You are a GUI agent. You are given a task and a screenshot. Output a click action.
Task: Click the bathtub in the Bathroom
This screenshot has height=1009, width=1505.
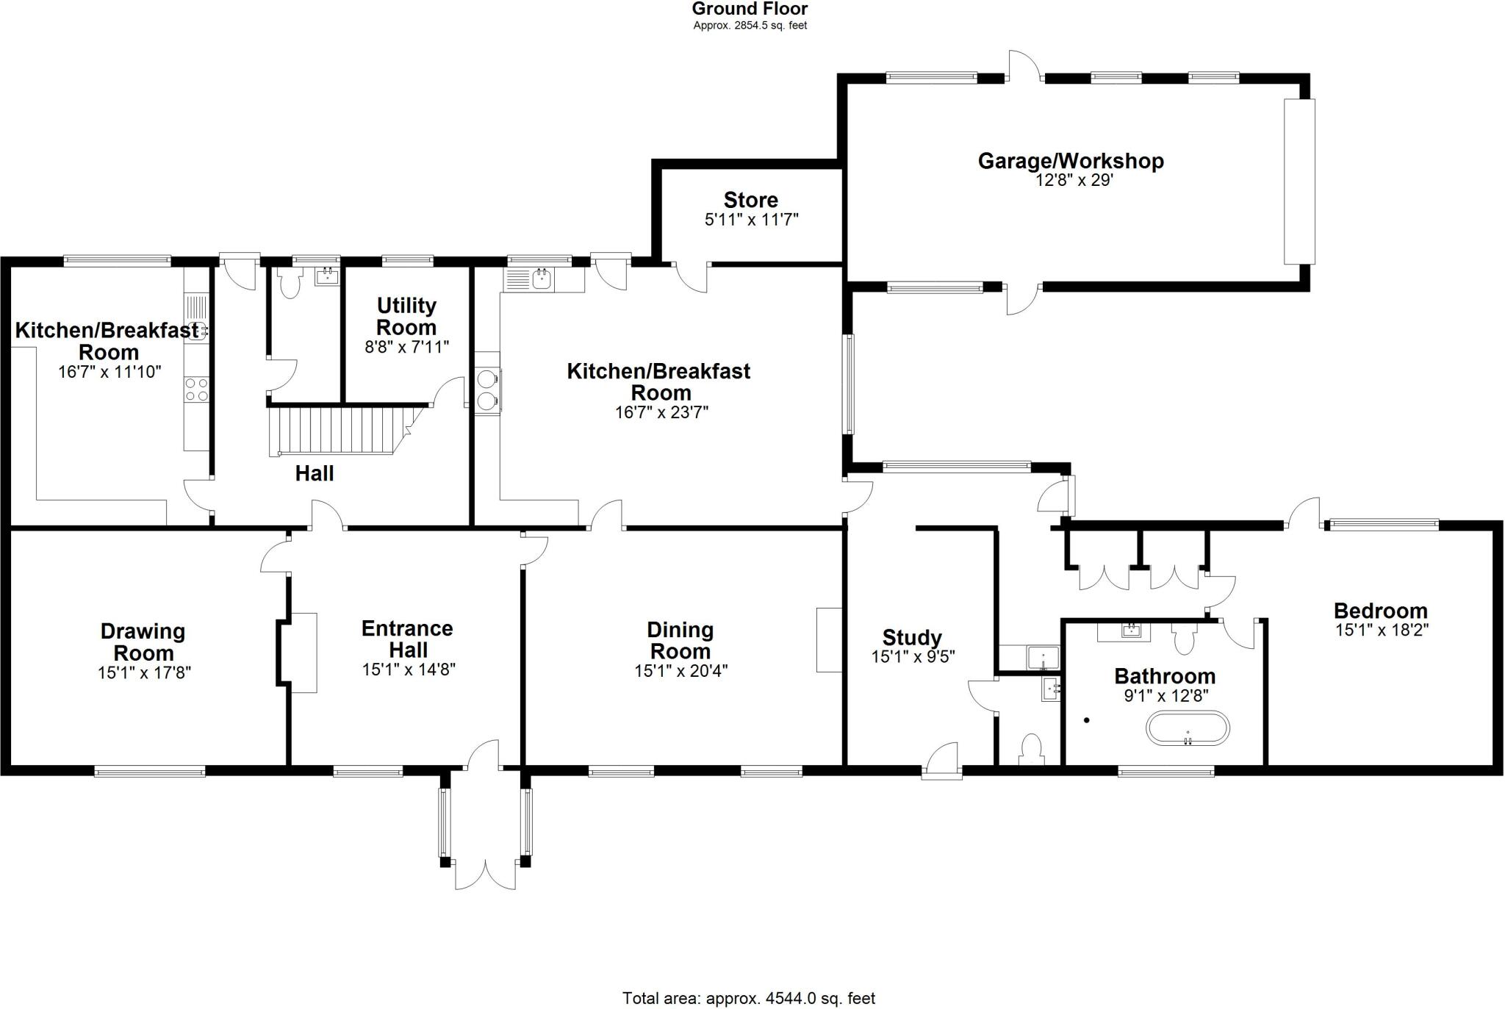click(1188, 728)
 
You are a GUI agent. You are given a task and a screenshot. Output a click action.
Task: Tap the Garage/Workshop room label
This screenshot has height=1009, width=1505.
click(1071, 161)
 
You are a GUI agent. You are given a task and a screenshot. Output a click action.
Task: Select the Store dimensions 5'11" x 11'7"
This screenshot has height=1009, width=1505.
click(751, 220)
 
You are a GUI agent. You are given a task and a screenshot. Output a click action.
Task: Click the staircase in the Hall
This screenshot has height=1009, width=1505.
click(342, 432)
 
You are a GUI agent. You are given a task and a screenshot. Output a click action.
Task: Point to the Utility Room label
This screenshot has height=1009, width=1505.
click(406, 316)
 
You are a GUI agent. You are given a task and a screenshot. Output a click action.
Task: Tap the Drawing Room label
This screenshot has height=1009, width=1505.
click(143, 642)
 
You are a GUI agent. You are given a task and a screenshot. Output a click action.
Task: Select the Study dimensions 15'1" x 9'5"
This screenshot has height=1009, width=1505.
click(913, 657)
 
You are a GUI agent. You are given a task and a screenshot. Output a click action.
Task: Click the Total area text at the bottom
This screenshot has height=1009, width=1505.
click(749, 998)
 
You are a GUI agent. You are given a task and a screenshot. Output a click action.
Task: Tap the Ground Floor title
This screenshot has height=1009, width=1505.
click(750, 9)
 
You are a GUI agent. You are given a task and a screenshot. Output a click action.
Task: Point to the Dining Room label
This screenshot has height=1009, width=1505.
click(680, 640)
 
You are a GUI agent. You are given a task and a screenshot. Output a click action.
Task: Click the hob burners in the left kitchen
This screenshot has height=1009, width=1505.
click(197, 389)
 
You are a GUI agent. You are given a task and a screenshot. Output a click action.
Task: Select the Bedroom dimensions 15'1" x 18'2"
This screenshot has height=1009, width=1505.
click(1382, 630)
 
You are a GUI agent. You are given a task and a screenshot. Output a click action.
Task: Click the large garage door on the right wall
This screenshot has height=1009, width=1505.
click(1299, 181)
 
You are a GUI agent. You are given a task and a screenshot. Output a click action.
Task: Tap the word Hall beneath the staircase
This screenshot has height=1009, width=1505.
click(315, 473)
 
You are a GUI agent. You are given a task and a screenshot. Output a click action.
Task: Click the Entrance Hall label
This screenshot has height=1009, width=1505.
click(408, 639)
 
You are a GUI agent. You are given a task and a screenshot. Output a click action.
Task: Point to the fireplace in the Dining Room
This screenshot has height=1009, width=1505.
click(829, 639)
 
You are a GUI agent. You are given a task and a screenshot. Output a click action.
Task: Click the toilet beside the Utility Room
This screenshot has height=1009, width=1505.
click(290, 284)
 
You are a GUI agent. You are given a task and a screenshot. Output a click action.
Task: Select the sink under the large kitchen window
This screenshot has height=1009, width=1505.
click(542, 279)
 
